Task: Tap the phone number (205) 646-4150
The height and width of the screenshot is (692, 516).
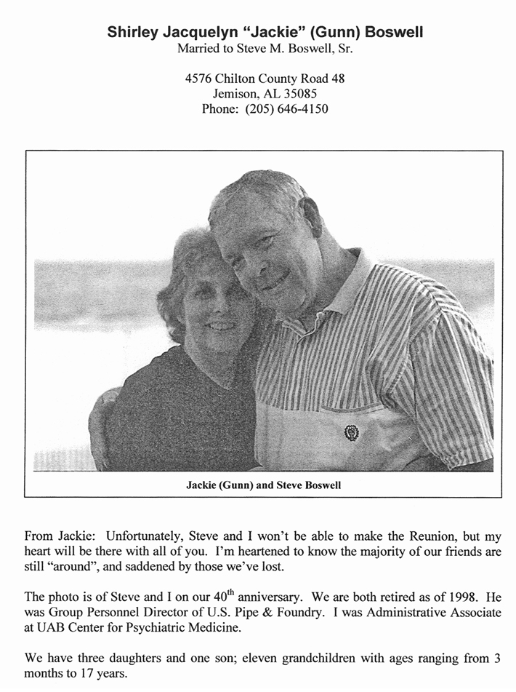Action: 289,109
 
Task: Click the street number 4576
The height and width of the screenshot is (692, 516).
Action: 200,79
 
